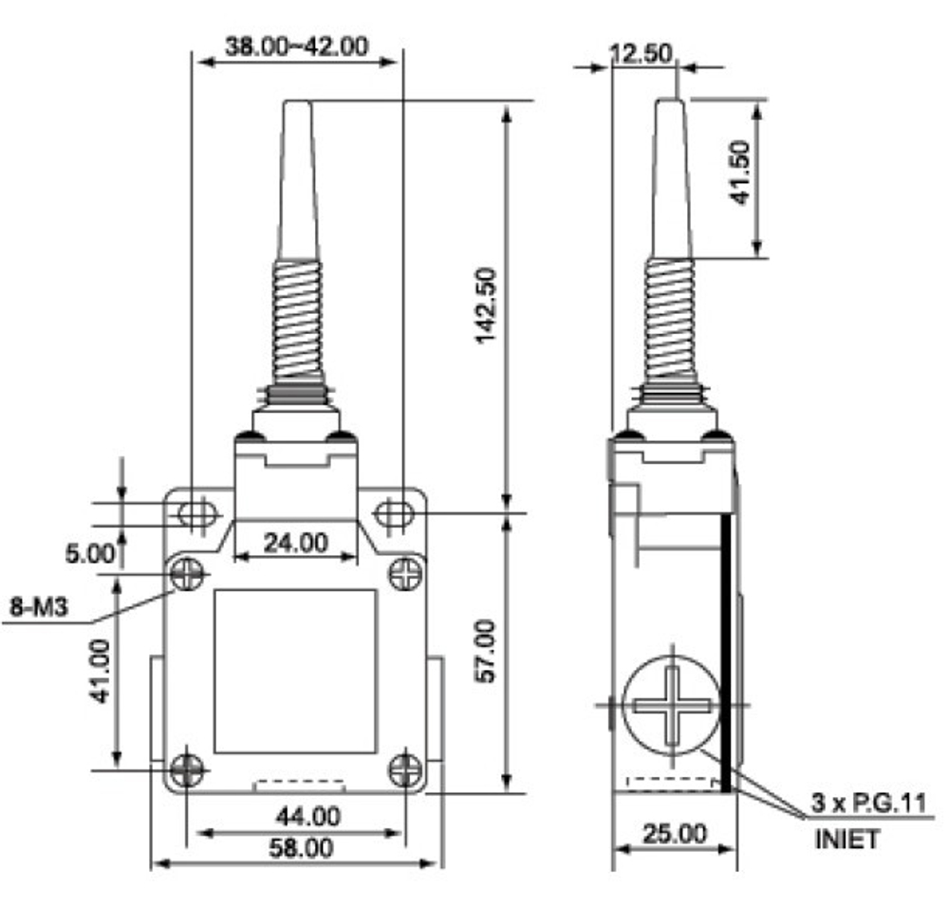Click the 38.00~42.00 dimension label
point(296,46)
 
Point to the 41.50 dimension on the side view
point(739,173)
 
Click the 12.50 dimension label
point(641,53)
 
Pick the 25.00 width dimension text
point(674,834)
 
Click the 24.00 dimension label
point(296,543)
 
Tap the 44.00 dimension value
point(308,817)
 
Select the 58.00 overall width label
point(301,847)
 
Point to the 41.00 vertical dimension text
point(100,671)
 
